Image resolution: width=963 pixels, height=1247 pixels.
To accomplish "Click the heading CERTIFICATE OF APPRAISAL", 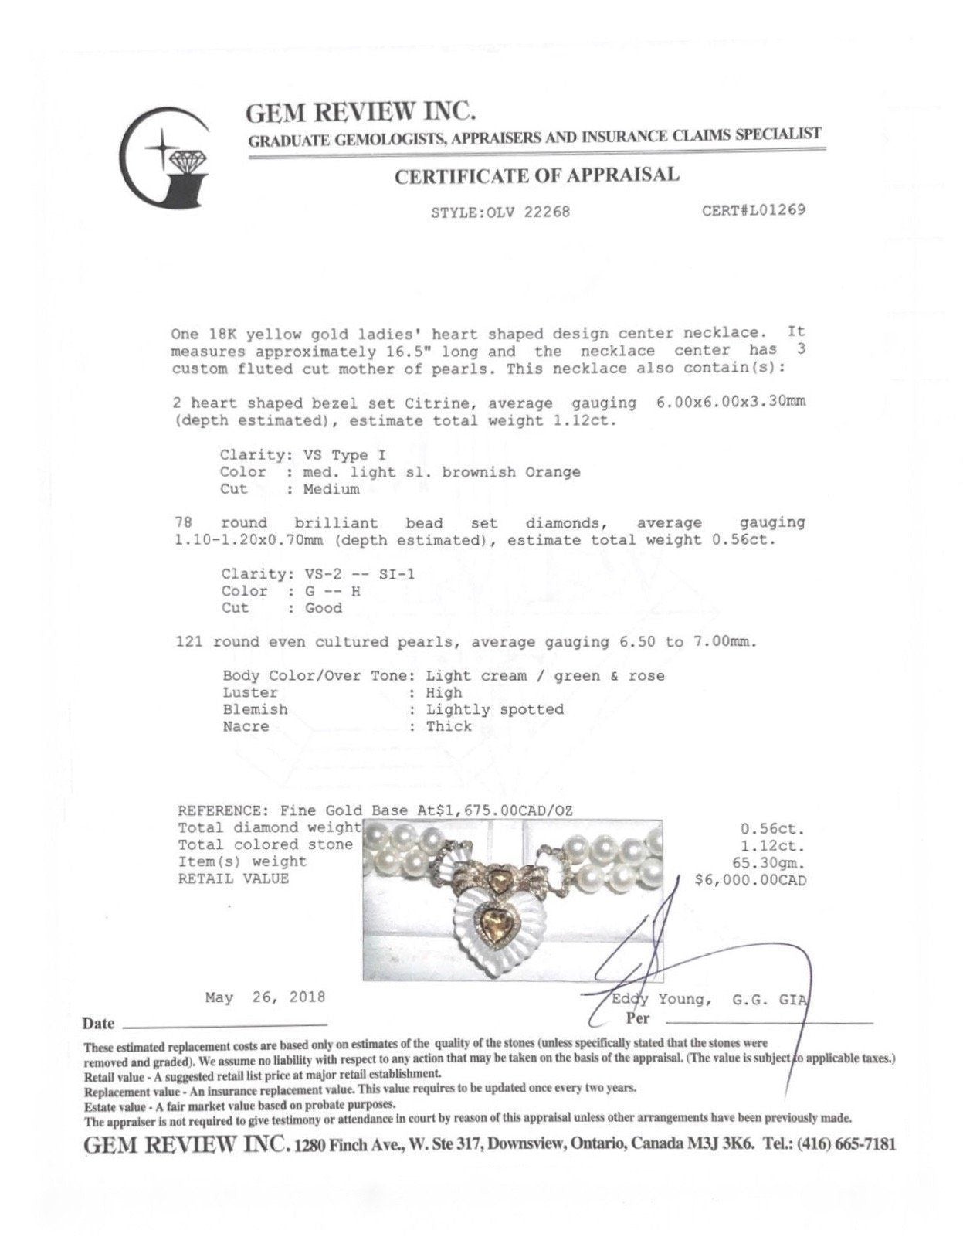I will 537,176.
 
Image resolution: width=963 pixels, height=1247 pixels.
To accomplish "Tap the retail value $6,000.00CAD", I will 750,880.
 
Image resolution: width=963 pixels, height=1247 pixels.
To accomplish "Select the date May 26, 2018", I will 265,997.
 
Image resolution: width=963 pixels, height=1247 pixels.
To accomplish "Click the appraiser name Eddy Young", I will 660,1000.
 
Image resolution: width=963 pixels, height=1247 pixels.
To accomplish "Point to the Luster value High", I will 444,693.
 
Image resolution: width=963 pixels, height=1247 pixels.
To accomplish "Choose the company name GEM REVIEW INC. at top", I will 360,113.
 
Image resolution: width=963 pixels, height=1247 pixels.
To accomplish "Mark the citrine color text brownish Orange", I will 510,472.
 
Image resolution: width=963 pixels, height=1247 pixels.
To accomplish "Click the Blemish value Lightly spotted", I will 495,709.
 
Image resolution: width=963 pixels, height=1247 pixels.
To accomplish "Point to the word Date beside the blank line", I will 98,1024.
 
